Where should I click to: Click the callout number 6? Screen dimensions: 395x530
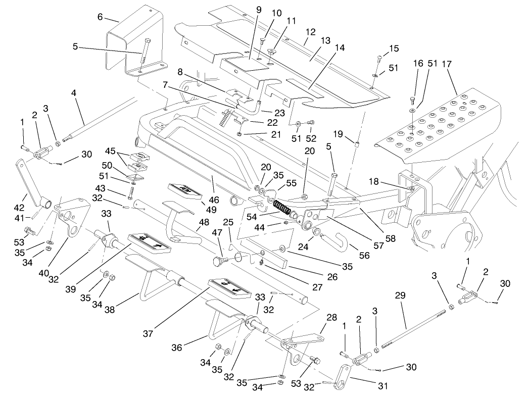[100, 17]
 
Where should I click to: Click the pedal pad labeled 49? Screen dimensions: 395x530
[185, 191]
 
